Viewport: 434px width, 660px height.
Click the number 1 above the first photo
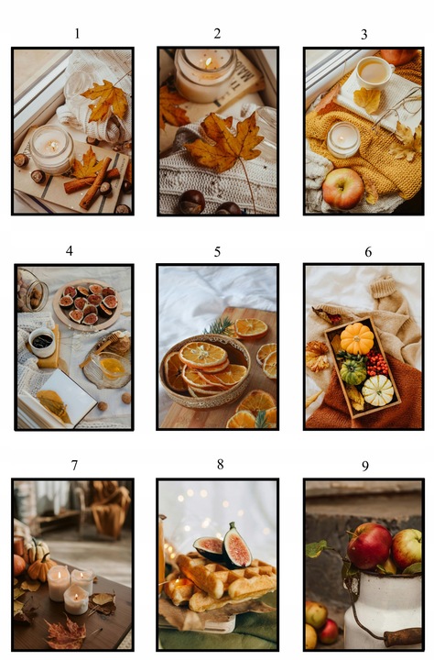tap(77, 34)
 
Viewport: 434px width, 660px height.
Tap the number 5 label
tap(217, 252)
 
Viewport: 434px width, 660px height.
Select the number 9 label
tap(365, 466)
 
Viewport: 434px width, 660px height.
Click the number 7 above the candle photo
tap(74, 466)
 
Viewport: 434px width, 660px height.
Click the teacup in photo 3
tap(374, 72)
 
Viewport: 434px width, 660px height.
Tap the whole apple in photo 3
tap(342, 189)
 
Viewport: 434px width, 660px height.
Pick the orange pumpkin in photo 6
tap(357, 338)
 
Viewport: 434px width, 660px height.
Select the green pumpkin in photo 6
tap(353, 370)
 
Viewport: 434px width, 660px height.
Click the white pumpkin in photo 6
tap(377, 390)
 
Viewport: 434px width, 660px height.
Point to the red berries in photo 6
tap(376, 362)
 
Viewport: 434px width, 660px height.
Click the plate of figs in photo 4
tap(88, 304)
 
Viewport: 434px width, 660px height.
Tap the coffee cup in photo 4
tap(41, 342)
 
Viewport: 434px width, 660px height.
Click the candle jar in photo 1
tap(51, 149)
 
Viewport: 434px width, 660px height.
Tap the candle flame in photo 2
tap(208, 62)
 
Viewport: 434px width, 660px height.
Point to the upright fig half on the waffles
tap(237, 545)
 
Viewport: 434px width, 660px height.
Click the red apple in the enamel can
tap(369, 546)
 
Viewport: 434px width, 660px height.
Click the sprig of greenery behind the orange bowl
tap(221, 326)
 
